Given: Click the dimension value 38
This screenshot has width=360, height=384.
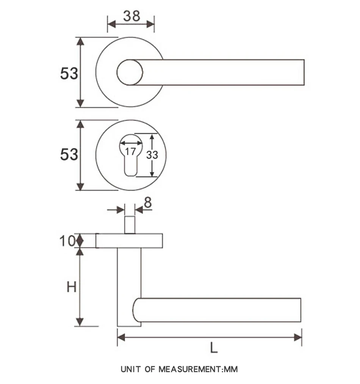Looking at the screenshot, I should (131, 16).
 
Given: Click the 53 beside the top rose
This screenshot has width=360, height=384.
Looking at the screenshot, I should (69, 73).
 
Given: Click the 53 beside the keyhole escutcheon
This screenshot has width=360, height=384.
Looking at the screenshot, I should (69, 155).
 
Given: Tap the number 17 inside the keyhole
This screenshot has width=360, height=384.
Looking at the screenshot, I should (130, 151).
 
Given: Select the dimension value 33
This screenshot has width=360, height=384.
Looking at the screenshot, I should (152, 155).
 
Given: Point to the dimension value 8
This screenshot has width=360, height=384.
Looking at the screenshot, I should (147, 203).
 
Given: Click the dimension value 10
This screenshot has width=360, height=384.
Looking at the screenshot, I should (67, 241).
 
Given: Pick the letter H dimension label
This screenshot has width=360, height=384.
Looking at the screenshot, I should (71, 287).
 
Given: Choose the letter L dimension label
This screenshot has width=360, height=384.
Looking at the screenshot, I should (214, 348).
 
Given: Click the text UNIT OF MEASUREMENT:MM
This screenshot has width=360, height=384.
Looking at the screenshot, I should (179, 369).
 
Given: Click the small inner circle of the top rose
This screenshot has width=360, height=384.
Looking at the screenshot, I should (130, 72).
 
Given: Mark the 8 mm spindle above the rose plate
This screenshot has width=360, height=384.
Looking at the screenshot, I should (130, 225).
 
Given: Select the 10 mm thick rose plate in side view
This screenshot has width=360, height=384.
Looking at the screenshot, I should (129, 241).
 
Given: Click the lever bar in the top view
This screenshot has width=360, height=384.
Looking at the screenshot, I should (227, 72).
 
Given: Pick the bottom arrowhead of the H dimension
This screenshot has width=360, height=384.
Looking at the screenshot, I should (80, 322).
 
